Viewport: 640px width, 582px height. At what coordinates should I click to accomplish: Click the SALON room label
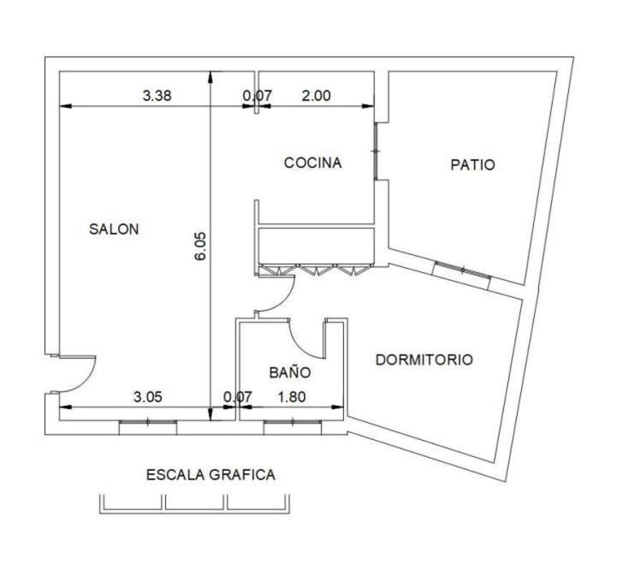(x=114, y=229)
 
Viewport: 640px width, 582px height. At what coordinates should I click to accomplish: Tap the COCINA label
(x=312, y=163)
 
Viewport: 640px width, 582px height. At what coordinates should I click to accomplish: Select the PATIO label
(x=472, y=164)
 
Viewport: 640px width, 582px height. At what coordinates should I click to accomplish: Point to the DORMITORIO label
(x=424, y=359)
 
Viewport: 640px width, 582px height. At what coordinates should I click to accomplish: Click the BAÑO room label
(x=290, y=371)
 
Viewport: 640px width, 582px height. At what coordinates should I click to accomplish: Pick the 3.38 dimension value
(x=157, y=96)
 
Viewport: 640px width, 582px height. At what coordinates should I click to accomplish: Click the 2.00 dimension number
(x=316, y=96)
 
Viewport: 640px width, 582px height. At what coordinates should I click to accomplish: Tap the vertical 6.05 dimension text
(x=201, y=246)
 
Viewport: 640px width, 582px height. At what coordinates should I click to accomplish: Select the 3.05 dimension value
(x=148, y=396)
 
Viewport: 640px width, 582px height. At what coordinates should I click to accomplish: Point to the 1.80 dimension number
(x=292, y=396)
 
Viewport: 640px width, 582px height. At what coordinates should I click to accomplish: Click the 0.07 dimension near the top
(x=258, y=96)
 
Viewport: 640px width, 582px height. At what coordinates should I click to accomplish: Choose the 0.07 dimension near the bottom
(x=238, y=396)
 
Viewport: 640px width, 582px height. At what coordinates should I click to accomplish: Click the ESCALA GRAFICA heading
(x=210, y=475)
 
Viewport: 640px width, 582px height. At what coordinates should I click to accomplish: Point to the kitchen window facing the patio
(x=376, y=151)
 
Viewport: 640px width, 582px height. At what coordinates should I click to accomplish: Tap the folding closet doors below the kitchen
(x=317, y=270)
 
